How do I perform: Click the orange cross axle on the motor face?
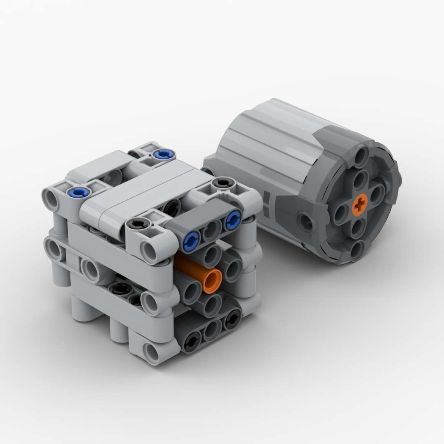tap(361, 205)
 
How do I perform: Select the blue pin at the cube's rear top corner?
tap(163, 154)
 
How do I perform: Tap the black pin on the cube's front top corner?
tap(136, 224)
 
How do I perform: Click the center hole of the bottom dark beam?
tap(213, 329)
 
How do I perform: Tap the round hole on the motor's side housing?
tap(306, 222)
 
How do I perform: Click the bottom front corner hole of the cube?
tap(152, 352)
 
